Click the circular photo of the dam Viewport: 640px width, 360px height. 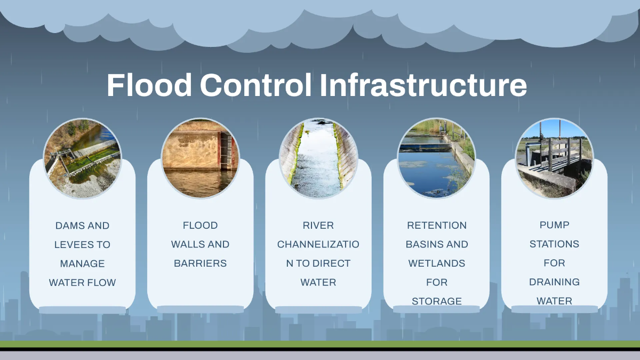tap(83, 158)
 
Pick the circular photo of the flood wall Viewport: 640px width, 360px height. tap(201, 158)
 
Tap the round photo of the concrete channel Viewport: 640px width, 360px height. tap(318, 158)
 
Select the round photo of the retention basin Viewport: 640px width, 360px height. tap(436, 158)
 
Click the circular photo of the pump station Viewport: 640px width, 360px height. tap(554, 158)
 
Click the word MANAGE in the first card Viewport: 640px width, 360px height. tap(82, 263)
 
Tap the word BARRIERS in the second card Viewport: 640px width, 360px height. tap(200, 263)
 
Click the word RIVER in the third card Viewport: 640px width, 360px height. tap(318, 225)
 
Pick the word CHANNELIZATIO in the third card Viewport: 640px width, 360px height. tap(318, 244)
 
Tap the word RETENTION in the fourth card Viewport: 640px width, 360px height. tap(436, 225)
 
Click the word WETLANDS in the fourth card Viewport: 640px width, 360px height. tap(436, 263)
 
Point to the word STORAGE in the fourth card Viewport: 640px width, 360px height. tap(436, 301)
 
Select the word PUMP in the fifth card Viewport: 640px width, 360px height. tap(554, 225)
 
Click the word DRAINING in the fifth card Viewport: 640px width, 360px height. tap(554, 282)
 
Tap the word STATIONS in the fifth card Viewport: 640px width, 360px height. tap(554, 244)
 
